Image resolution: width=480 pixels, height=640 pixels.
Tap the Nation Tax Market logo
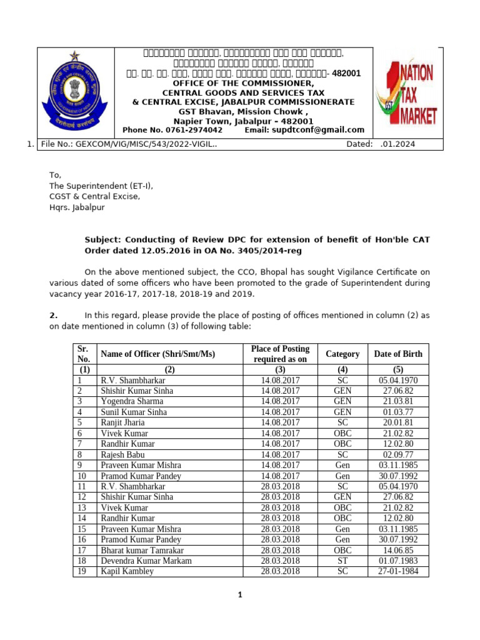tap(407, 93)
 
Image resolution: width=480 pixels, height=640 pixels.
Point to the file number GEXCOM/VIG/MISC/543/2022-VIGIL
tap(129, 144)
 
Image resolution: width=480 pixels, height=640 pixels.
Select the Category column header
tap(342, 354)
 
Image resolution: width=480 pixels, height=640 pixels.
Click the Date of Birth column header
tap(397, 354)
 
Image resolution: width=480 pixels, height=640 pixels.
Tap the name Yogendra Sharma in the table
tap(132, 401)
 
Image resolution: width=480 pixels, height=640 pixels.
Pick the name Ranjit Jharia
tap(122, 422)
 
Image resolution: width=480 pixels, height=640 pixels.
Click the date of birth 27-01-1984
tap(398, 571)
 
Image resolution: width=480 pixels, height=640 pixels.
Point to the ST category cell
tap(342, 561)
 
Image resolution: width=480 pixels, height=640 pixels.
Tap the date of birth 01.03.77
tap(398, 412)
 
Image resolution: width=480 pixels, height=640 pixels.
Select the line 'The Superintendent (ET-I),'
tap(101, 186)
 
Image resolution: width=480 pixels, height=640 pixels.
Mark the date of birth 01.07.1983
tap(398, 561)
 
